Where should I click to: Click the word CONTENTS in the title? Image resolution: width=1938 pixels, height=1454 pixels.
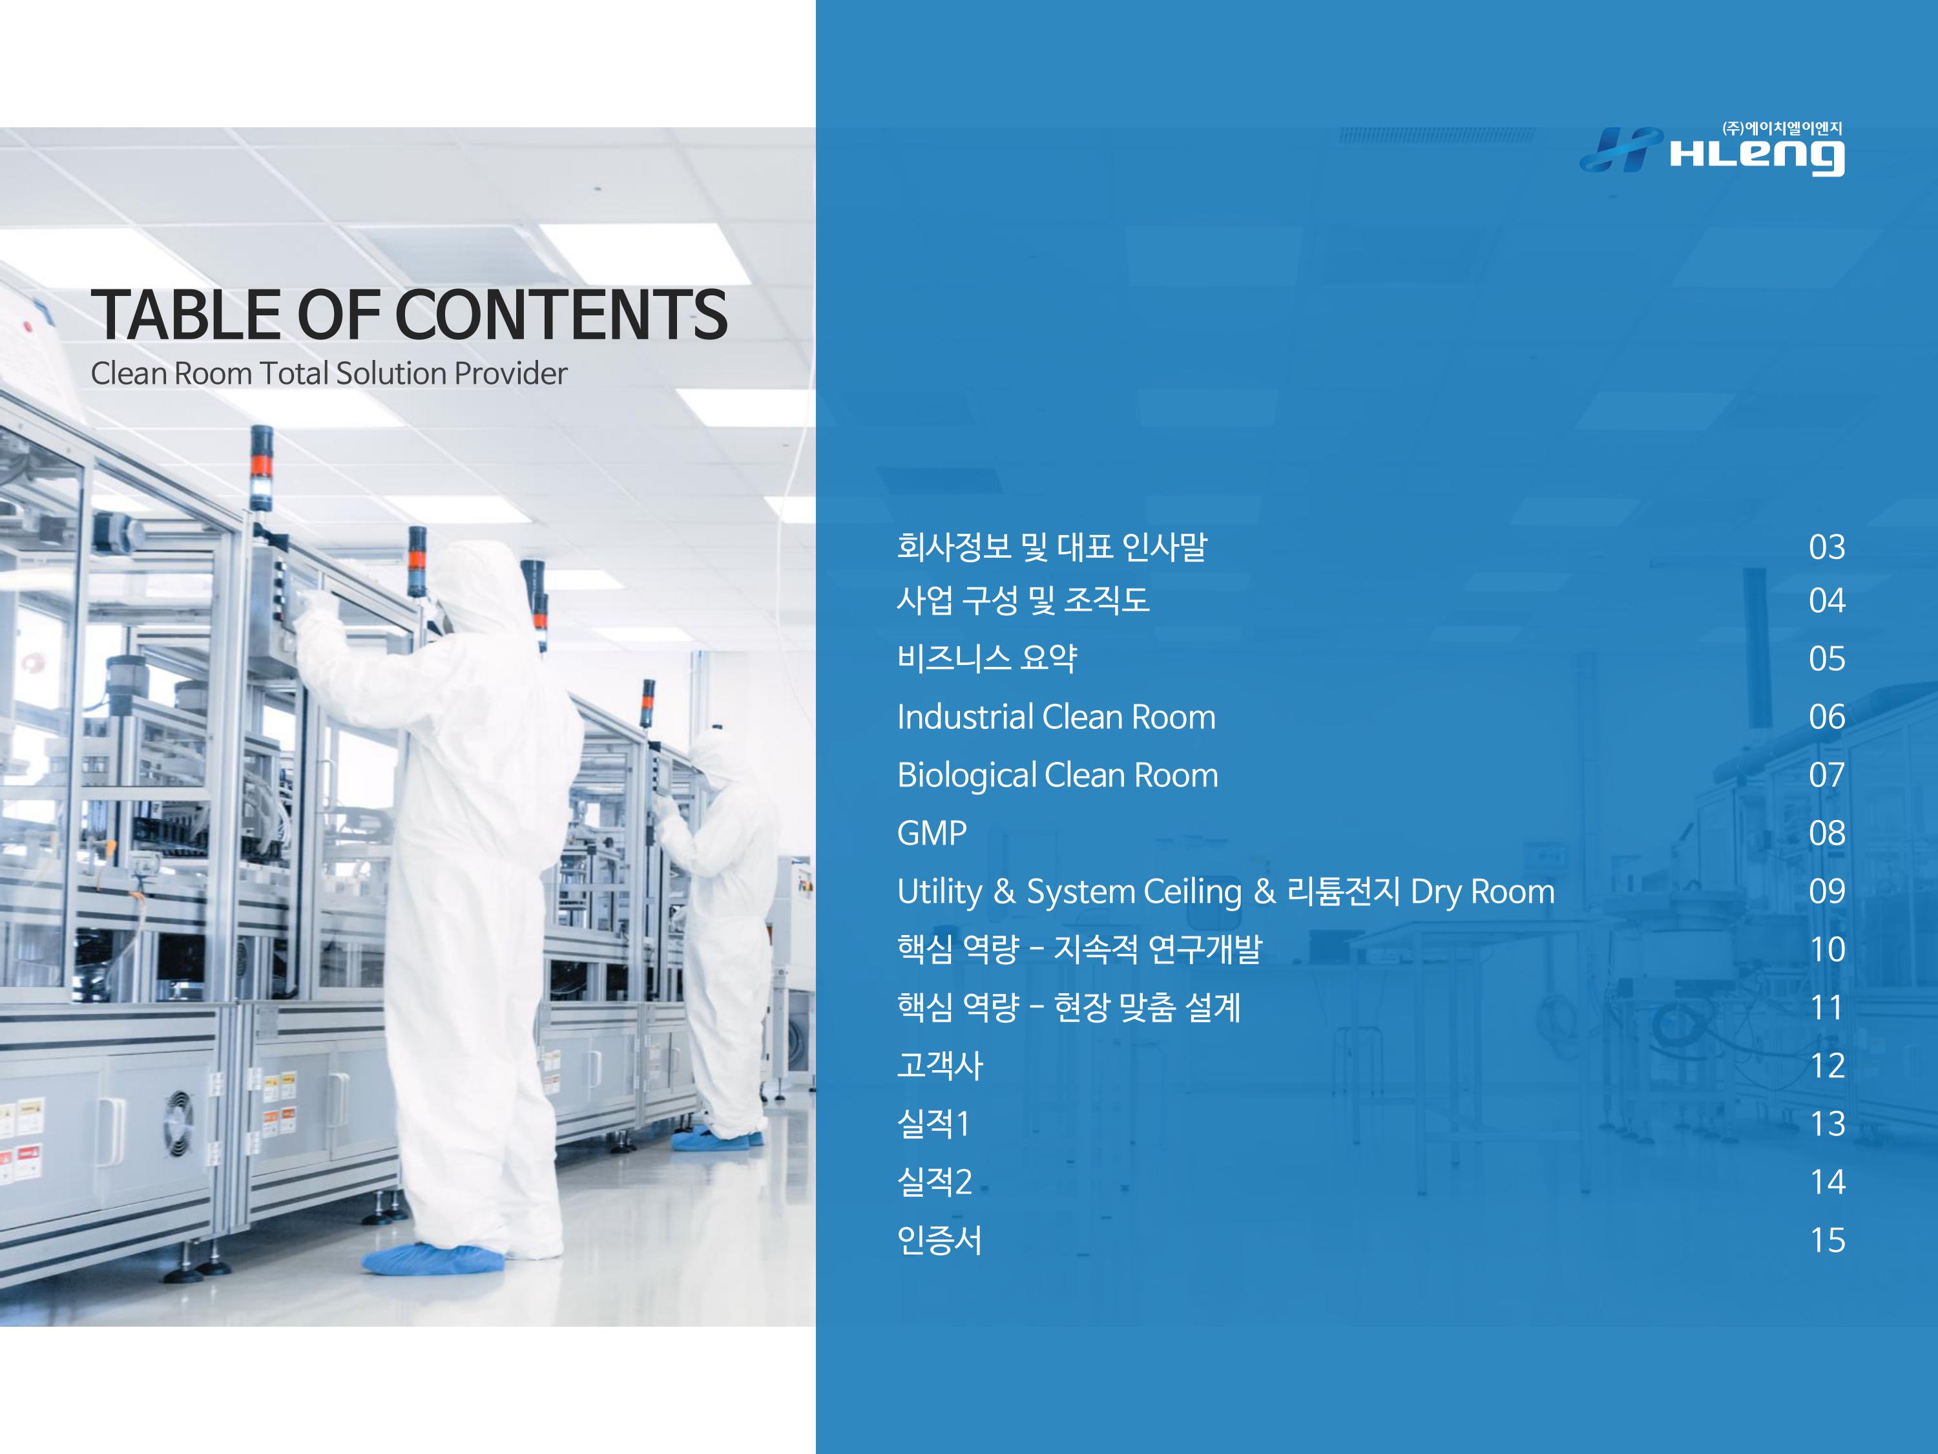point(561,315)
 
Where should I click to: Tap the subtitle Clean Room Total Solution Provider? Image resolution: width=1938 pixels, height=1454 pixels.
point(329,374)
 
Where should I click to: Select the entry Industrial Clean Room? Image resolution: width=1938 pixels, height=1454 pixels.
point(1056,717)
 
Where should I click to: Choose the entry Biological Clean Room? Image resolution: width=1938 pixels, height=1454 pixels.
point(1058,775)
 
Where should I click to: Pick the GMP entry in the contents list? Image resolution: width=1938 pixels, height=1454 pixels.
point(932,832)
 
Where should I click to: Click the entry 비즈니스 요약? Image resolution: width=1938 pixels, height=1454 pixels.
point(986,659)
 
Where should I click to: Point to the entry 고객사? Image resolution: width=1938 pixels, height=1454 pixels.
point(940,1065)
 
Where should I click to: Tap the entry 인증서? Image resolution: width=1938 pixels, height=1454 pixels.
point(940,1239)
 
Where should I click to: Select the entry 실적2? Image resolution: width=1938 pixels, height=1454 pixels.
point(934,1181)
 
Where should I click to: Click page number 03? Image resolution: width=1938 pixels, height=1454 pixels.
point(1827,547)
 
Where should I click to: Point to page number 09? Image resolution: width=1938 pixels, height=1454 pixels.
point(1827,891)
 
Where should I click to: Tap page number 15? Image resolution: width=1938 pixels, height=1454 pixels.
point(1828,1240)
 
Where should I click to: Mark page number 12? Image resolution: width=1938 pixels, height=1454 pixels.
point(1828,1066)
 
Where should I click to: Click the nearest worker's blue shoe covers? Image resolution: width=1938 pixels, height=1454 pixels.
point(433,1259)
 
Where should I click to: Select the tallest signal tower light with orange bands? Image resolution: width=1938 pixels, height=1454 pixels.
point(261,467)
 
